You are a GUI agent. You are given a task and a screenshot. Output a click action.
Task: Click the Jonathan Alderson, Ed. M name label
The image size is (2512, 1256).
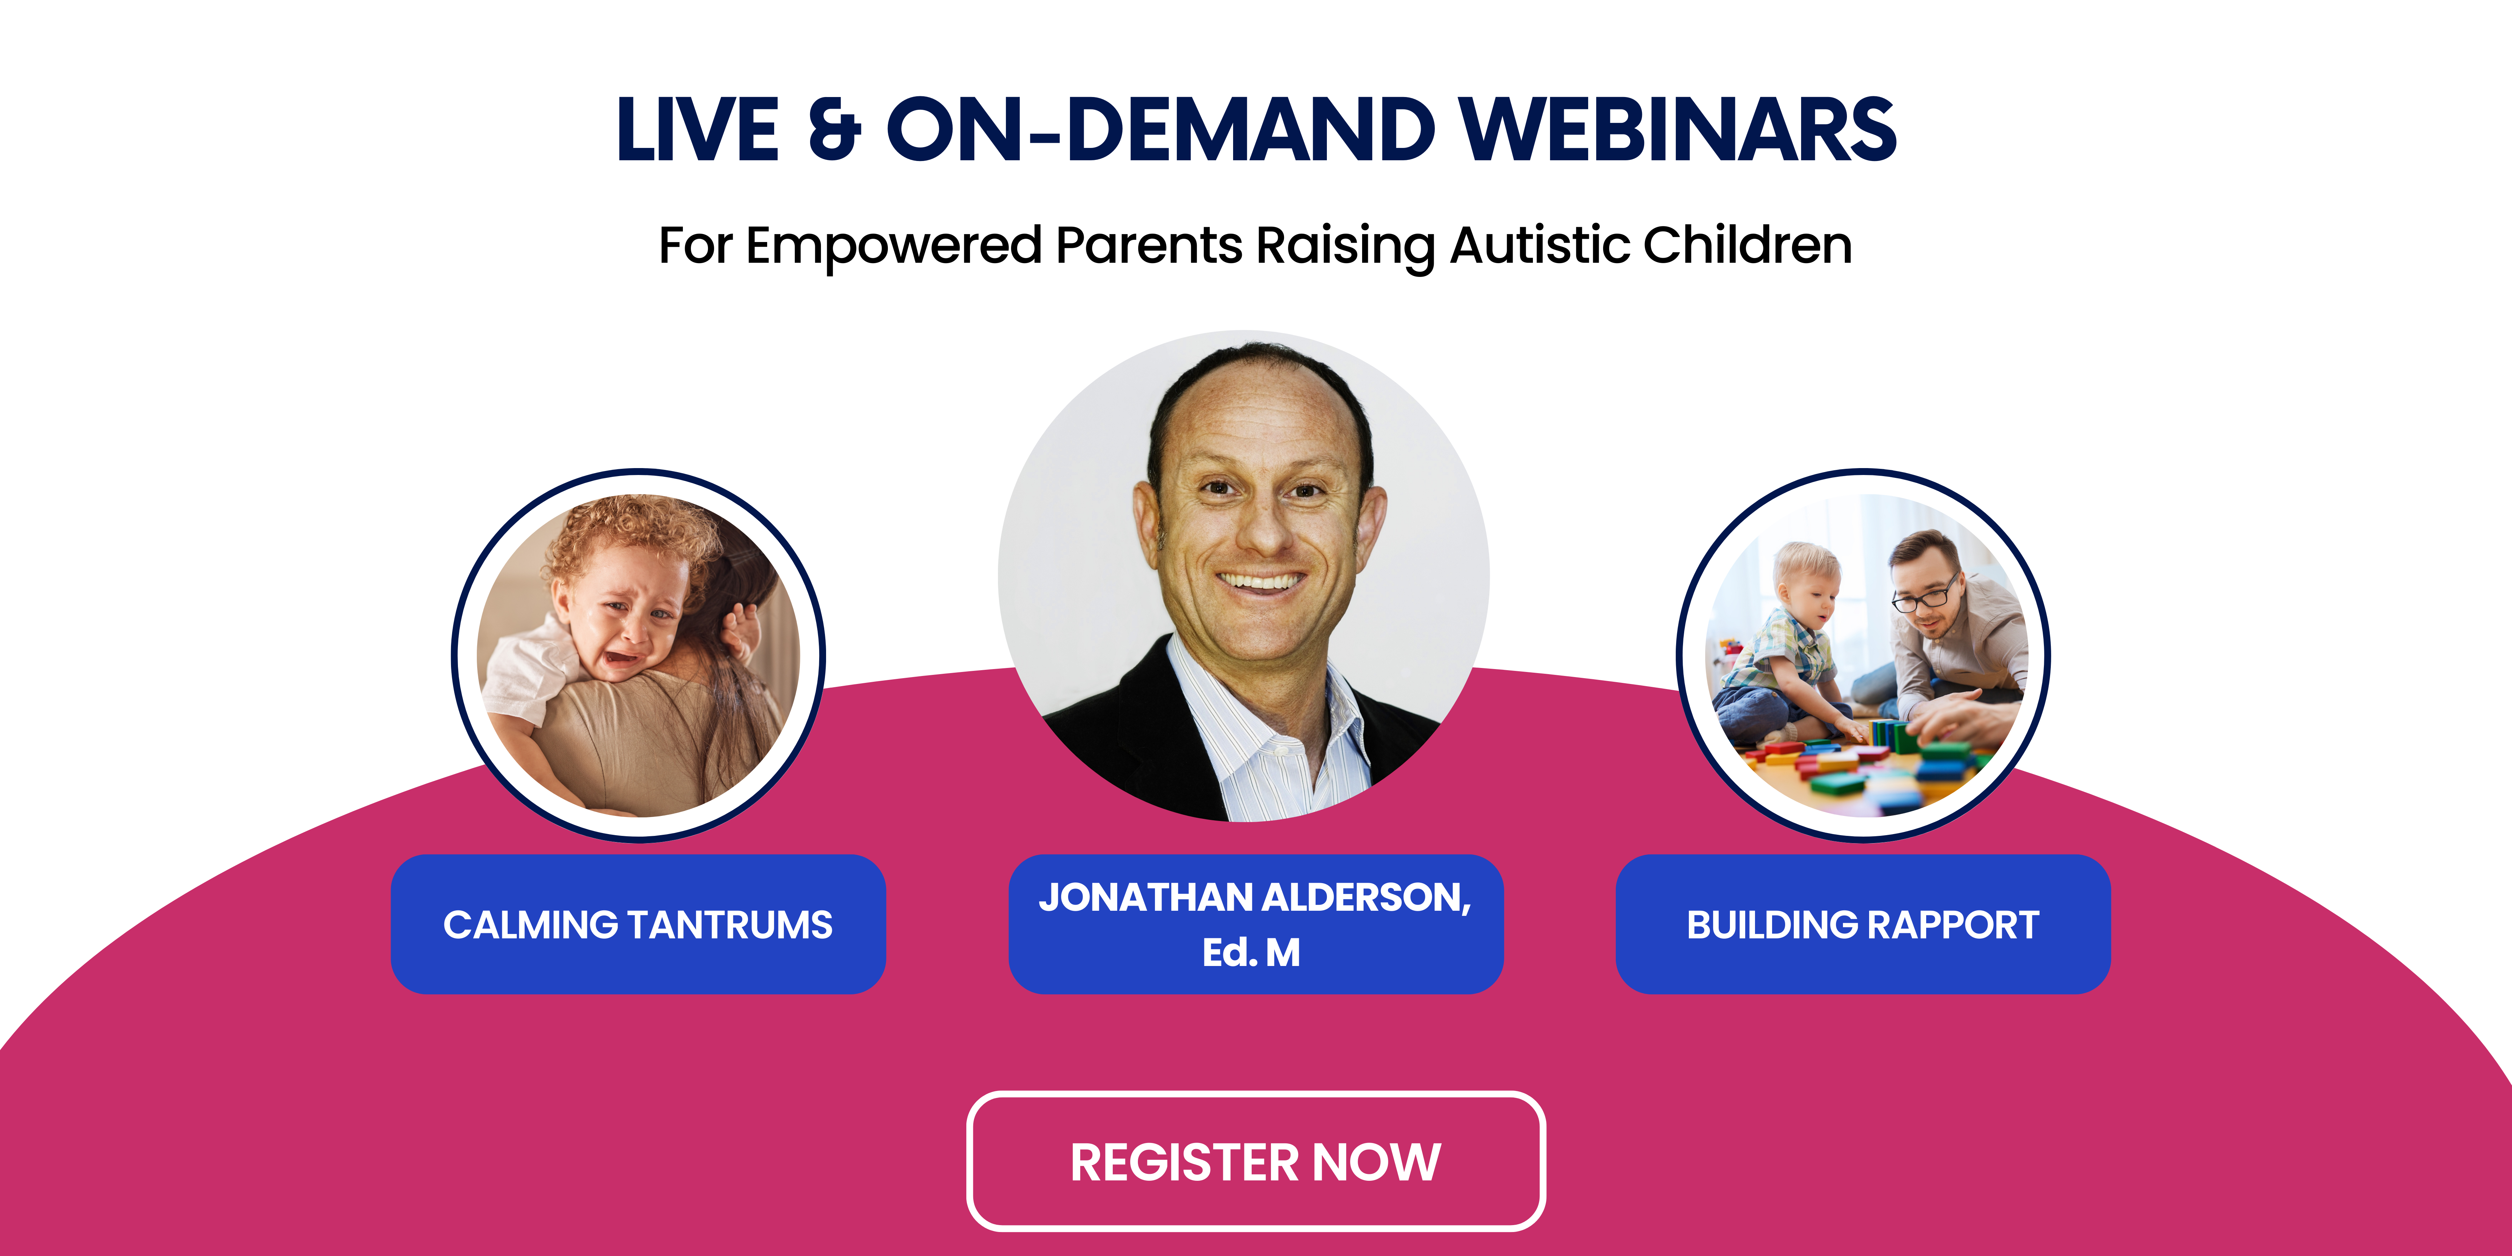click(1256, 925)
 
